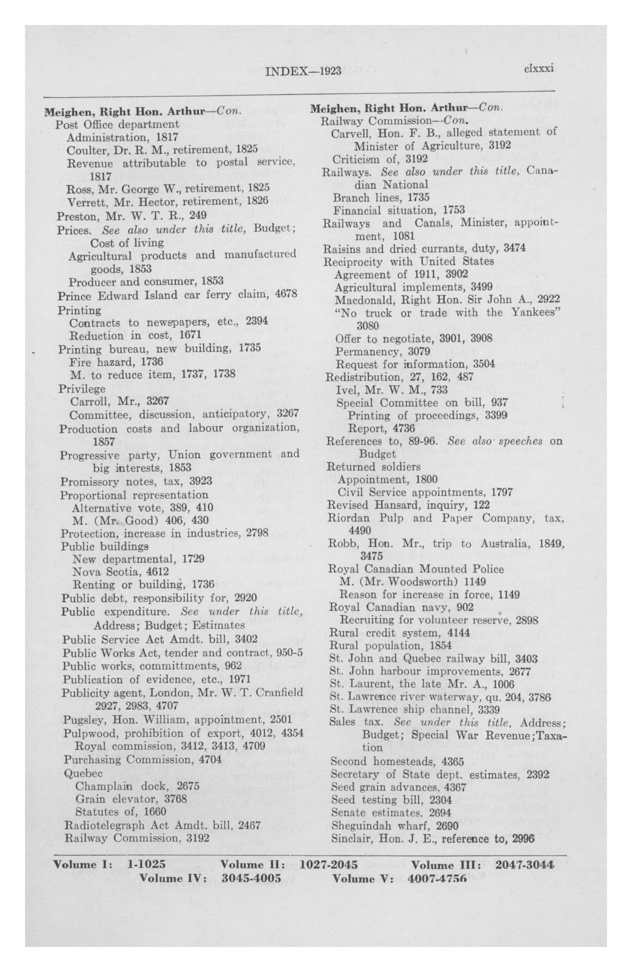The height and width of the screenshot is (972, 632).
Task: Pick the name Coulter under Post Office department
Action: (x=84, y=149)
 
